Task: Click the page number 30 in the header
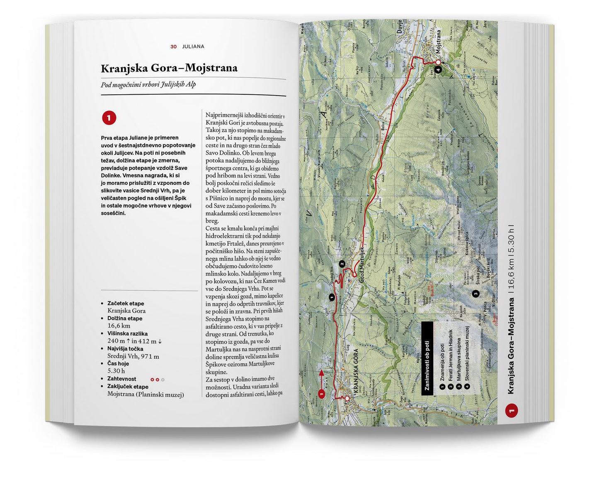pos(173,47)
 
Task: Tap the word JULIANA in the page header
pos(193,47)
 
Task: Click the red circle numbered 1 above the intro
pos(109,118)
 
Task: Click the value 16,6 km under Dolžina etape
pos(119,326)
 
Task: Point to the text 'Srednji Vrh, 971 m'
pos(133,356)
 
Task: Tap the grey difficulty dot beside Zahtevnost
pos(163,380)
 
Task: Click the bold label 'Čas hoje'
pos(118,364)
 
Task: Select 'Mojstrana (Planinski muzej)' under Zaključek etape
pos(146,394)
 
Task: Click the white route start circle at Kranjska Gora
pos(347,399)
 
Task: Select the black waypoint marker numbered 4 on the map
pos(439,70)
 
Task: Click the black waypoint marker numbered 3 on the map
pos(476,294)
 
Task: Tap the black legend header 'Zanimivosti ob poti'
pos(427,358)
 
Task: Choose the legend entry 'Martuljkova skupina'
pos(458,362)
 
